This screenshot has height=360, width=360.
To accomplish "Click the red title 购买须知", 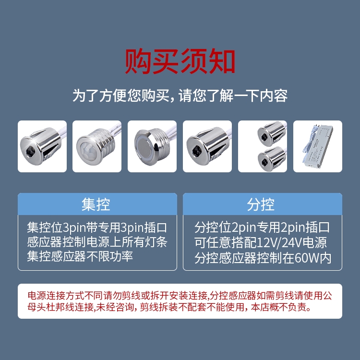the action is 180,61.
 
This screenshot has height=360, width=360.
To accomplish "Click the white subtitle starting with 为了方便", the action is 180,96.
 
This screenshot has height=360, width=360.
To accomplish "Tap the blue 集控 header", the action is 97,204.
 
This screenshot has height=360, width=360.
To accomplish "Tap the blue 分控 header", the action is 263,204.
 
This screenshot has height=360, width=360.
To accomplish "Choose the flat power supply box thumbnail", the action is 318,146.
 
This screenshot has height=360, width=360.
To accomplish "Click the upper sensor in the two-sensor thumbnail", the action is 271,134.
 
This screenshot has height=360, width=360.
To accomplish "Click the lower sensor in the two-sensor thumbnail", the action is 272,159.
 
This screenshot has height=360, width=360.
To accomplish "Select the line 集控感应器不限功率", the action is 80,256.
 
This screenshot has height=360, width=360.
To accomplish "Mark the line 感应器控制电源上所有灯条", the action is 97,242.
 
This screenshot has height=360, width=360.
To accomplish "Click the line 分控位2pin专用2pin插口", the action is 262,228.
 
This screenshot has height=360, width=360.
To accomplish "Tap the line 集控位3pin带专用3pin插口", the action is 97,228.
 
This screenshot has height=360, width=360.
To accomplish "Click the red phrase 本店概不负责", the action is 281,307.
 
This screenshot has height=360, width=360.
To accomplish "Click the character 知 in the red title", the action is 222,61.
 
